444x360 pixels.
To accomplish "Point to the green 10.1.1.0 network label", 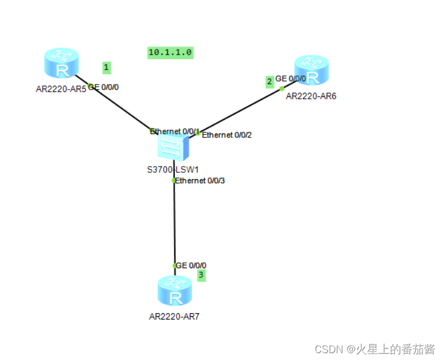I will [170, 52].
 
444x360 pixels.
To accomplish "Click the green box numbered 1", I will [107, 68].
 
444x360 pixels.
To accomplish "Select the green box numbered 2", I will [269, 82].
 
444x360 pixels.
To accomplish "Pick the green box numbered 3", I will [201, 275].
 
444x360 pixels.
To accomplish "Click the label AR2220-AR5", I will [61, 88].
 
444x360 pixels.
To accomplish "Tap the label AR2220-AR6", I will [311, 96].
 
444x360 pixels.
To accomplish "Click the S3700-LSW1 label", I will [173, 169].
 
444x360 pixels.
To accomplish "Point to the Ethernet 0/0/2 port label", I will [227, 135].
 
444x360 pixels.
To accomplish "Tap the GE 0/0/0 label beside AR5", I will [104, 87].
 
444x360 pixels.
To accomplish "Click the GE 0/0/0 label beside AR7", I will [192, 265].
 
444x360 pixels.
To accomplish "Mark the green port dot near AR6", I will [282, 88].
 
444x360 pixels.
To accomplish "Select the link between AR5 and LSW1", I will [120, 109].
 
